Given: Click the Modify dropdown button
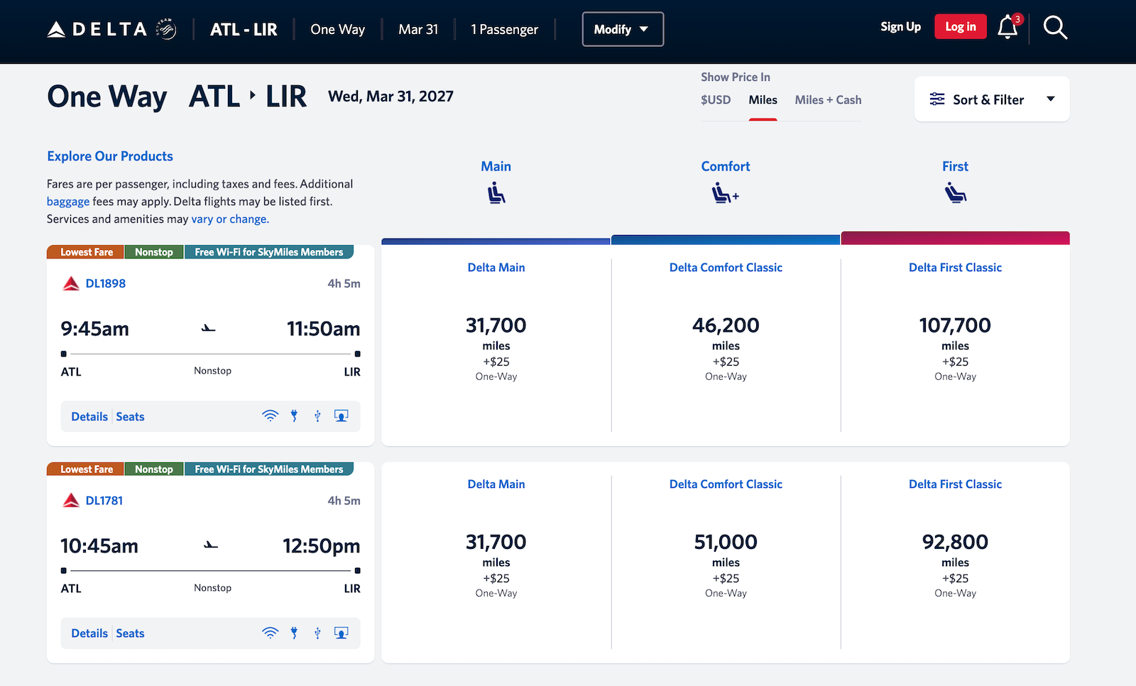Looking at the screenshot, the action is pos(623,29).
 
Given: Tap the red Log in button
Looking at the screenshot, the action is pos(961,26).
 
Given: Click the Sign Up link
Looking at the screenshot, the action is pos(901,26).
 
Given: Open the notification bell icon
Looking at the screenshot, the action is pos(1008,28).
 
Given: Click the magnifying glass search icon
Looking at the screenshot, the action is pos(1055,28).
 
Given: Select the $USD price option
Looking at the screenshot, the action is pos(716,99).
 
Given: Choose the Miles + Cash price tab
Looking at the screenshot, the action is pos(828,99).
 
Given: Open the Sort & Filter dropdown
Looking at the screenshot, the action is pos(992,99).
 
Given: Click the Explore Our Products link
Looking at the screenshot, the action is pos(110,156).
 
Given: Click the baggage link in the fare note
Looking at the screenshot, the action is pos(68,202).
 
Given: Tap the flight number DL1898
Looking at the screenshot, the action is pos(106,283).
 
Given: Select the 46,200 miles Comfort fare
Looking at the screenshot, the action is pos(726,346).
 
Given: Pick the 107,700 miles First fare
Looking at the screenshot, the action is pos(955,346).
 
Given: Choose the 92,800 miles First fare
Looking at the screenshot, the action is pos(955,562).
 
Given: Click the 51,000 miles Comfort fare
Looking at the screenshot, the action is pos(726,562).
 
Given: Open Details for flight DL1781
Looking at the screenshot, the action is pos(89,633).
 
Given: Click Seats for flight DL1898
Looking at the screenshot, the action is pos(131,417).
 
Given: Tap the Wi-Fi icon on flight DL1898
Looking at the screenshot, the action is pos(271,416).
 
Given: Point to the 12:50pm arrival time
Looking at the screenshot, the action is pos(322,545).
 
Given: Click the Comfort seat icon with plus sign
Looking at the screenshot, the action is pos(725,193).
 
